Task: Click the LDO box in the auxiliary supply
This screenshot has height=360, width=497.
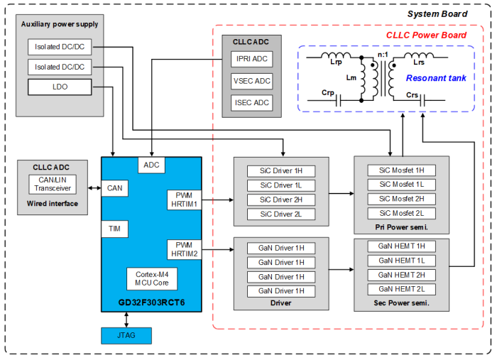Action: (x=60, y=87)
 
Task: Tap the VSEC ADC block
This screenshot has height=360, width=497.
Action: (x=251, y=82)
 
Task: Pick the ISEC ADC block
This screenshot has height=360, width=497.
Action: (x=251, y=102)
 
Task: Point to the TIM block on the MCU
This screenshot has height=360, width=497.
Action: (x=113, y=229)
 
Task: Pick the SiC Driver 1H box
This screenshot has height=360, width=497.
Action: (x=281, y=171)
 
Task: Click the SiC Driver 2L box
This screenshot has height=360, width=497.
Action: (x=281, y=214)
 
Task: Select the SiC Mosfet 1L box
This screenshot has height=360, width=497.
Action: (x=401, y=185)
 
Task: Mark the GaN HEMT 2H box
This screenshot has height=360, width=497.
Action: (x=401, y=275)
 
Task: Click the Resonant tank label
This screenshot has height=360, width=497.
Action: (x=436, y=78)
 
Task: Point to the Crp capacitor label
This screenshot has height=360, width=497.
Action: (x=328, y=93)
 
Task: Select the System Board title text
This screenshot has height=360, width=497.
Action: (x=437, y=14)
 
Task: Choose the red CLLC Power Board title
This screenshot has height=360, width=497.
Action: (x=426, y=36)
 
